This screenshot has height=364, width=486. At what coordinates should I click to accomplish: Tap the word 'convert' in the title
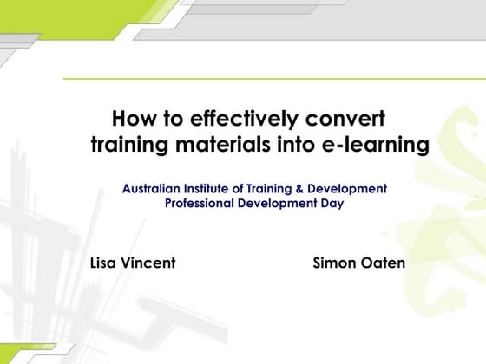(339, 118)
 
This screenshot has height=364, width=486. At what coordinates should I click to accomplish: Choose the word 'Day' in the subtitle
(332, 204)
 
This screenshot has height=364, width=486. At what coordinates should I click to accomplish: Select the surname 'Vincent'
(149, 262)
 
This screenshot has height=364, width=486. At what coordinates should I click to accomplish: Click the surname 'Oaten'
(382, 262)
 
